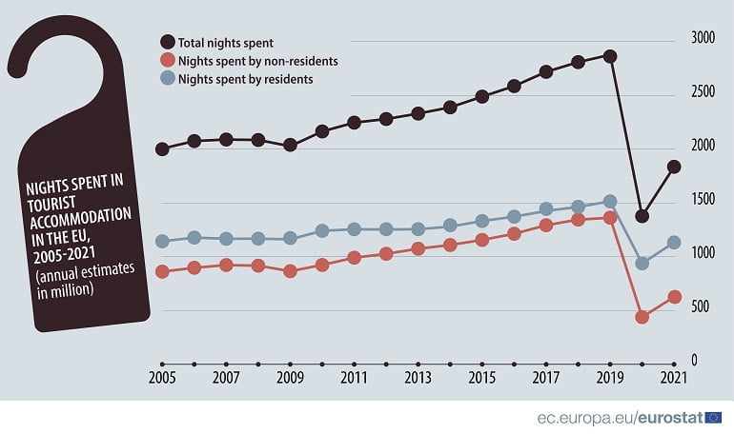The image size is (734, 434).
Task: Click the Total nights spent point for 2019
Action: pyautogui.click(x=610, y=56)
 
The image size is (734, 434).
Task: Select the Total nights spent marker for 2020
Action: pyautogui.click(x=642, y=216)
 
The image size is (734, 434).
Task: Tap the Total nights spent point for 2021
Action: pyautogui.click(x=674, y=167)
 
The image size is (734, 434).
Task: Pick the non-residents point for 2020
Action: pyautogui.click(x=642, y=317)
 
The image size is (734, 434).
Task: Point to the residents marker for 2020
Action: pyautogui.click(x=642, y=263)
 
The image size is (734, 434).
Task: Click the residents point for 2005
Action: pyautogui.click(x=162, y=241)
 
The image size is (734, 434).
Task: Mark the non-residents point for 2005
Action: pyautogui.click(x=162, y=271)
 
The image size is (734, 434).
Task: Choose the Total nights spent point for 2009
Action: pyautogui.click(x=290, y=146)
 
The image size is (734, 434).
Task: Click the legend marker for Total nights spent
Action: pyautogui.click(x=168, y=42)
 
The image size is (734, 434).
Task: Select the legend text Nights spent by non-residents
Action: pyautogui.click(x=258, y=60)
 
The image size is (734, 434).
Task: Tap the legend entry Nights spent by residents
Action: pyautogui.click(x=246, y=79)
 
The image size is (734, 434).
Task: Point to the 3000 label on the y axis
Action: pyautogui.click(x=703, y=38)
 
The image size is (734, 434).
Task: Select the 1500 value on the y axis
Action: pyautogui.click(x=703, y=200)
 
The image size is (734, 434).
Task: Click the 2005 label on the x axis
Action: pyautogui.click(x=162, y=378)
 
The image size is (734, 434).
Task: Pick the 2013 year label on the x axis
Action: pyautogui.click(x=418, y=378)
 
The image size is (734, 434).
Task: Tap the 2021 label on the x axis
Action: pyautogui.click(x=674, y=378)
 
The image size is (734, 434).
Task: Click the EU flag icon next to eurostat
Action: pyautogui.click(x=713, y=416)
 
